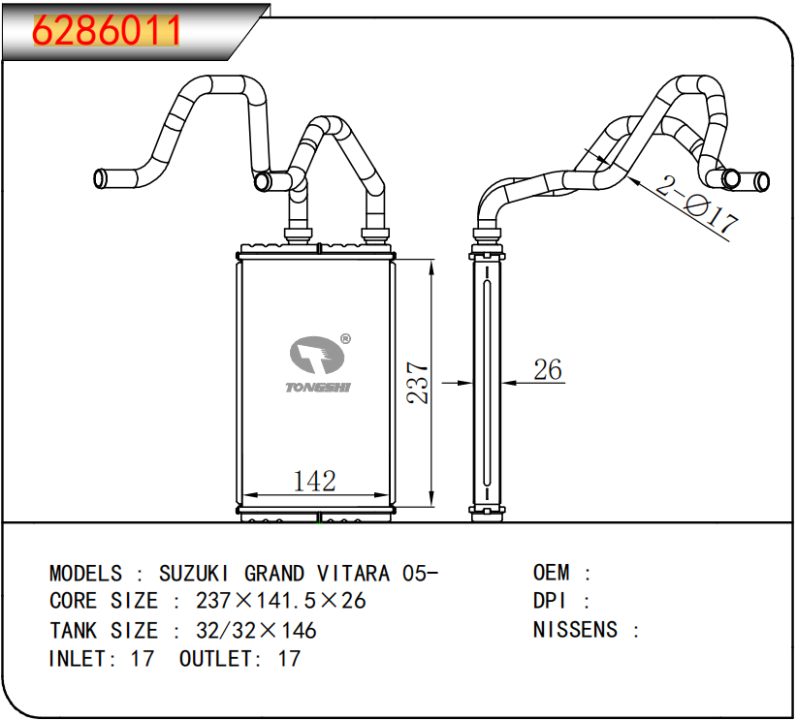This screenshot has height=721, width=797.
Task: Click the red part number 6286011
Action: (106, 30)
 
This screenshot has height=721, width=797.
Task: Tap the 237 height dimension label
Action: (418, 383)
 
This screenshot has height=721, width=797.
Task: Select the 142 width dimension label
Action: (315, 482)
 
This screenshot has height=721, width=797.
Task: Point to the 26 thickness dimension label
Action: (548, 369)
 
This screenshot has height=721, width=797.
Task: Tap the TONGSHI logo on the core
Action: (318, 363)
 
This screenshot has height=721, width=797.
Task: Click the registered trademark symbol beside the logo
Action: (345, 339)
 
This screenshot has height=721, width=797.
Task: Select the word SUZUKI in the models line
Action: (194, 574)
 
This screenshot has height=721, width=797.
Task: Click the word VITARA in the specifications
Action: (353, 574)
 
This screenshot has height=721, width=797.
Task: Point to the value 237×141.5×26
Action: (280, 601)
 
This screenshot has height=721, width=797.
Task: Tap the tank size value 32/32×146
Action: (256, 631)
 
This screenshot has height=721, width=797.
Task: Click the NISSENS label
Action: (575, 630)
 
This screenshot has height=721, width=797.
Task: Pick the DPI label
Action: (549, 601)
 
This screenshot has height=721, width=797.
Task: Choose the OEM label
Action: (551, 573)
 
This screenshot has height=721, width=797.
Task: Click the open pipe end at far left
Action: (100, 178)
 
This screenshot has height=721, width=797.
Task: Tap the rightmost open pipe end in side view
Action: (762, 181)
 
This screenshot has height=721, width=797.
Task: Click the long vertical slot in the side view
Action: (487, 383)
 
